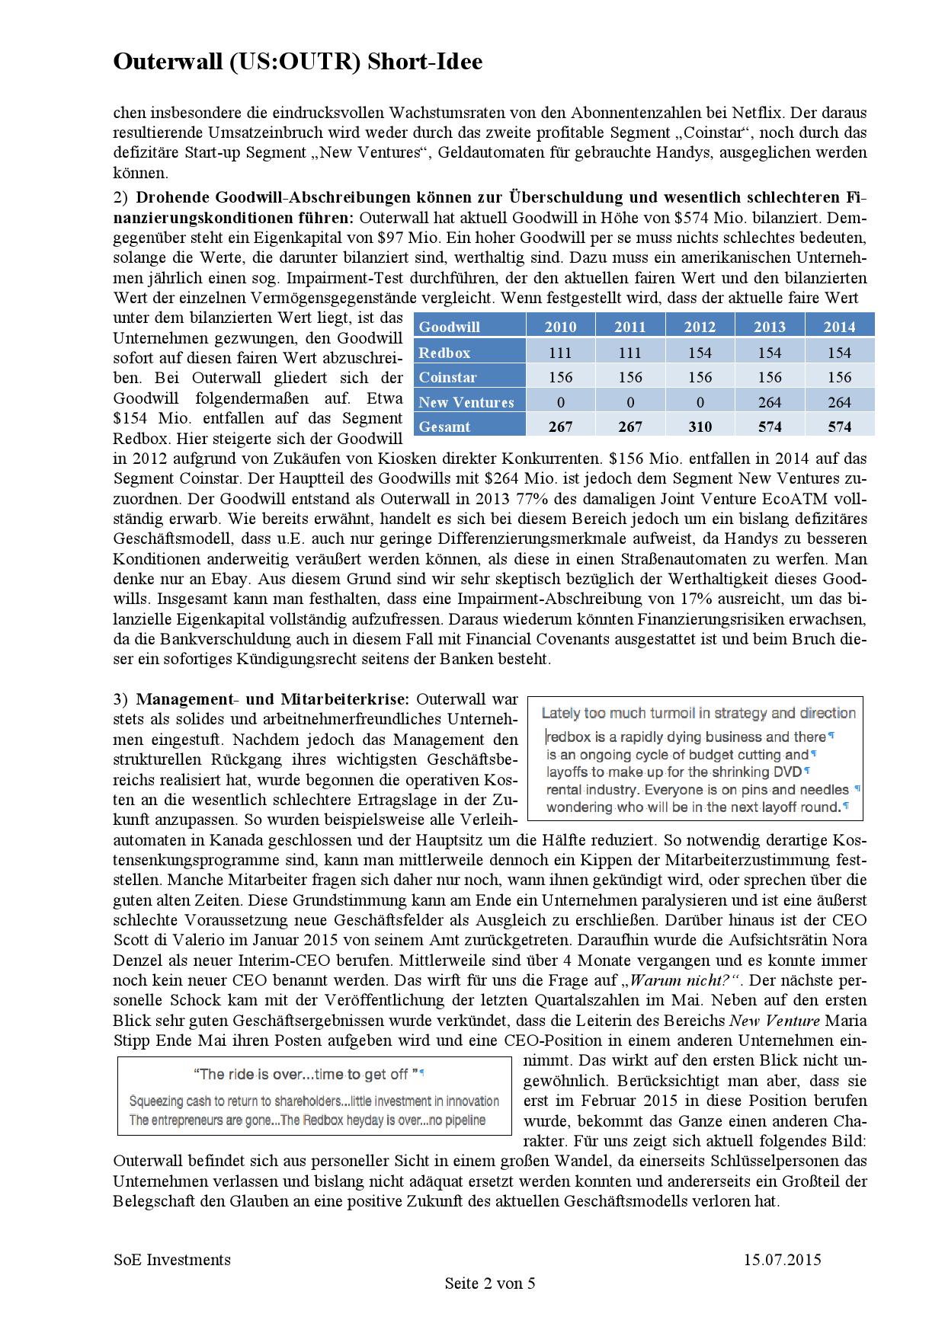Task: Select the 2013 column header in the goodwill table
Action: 769,327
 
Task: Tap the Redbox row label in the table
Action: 444,353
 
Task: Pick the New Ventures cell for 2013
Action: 769,402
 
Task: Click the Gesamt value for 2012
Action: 700,427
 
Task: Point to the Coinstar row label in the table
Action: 447,377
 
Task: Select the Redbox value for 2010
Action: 560,353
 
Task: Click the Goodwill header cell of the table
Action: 450,327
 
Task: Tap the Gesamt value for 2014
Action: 839,427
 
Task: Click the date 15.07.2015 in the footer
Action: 783,1259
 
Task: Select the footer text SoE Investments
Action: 171,1259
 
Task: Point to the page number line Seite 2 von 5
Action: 490,1283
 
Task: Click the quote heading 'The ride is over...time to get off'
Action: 306,1074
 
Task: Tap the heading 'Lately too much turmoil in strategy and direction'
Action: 698,713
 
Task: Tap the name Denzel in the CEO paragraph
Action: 137,960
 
